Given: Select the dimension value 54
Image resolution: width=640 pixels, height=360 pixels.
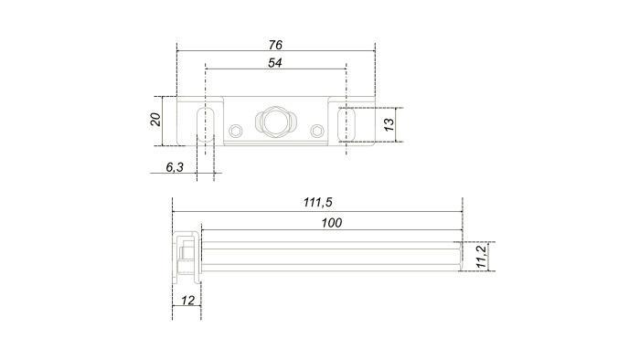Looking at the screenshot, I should (x=274, y=62).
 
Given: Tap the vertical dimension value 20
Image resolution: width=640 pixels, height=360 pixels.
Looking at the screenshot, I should (x=155, y=120).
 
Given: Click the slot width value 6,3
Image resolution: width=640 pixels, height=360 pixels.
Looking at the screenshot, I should (x=175, y=167).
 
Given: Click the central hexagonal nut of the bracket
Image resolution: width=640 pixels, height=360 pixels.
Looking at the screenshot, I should (x=273, y=122).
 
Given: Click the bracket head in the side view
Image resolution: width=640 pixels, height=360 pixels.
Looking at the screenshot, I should (x=186, y=256).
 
